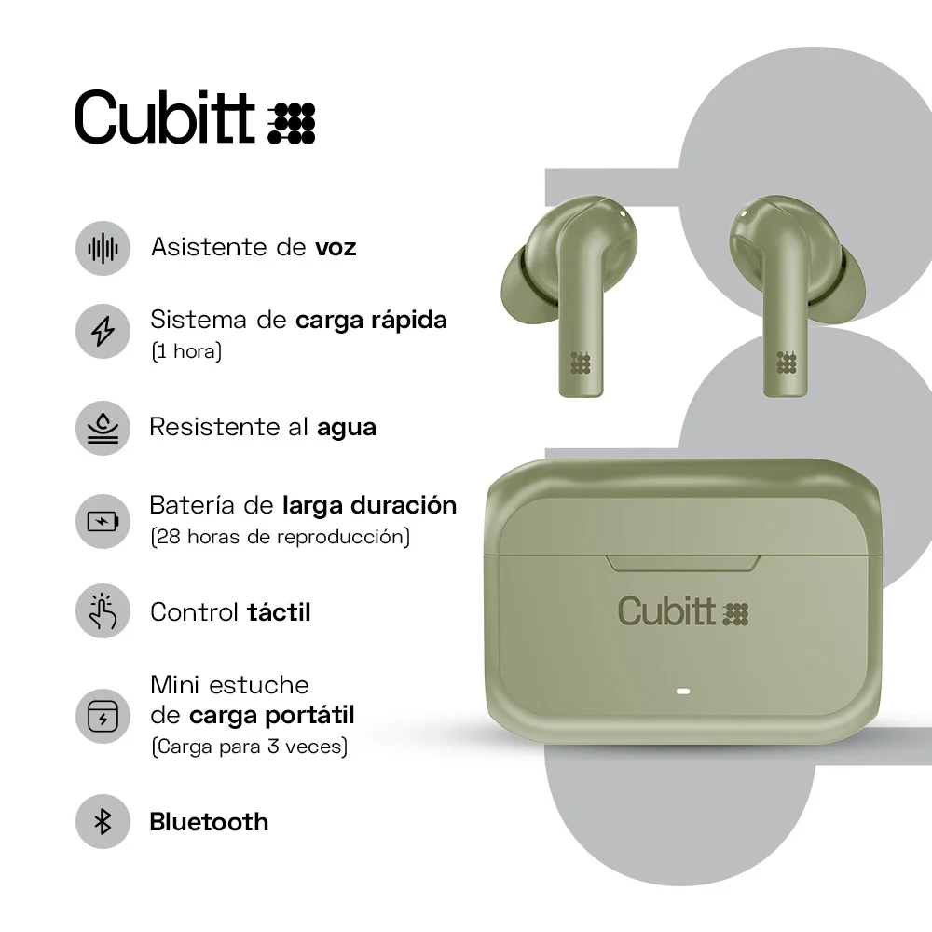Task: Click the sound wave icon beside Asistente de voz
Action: tap(103, 248)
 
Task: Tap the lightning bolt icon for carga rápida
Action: tap(103, 331)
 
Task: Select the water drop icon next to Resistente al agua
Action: tap(103, 428)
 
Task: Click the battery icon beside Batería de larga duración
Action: tap(103, 521)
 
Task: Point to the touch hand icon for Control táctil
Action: tap(103, 611)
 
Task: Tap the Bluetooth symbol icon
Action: tap(103, 822)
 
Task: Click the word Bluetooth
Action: tap(209, 822)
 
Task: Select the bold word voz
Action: tap(336, 248)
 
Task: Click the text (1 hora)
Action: tap(186, 353)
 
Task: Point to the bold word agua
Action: tap(347, 428)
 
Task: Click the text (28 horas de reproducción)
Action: tap(280, 537)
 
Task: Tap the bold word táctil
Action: tap(279, 612)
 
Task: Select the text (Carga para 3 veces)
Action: tap(249, 747)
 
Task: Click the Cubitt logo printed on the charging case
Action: tap(683, 611)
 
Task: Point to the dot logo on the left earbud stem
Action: tap(580, 363)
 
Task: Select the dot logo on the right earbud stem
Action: tap(787, 363)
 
